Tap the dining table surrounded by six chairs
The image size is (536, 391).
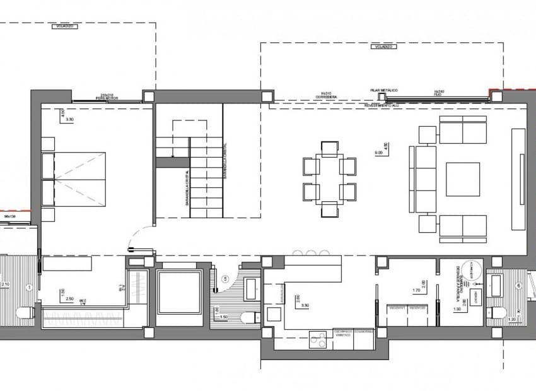(330, 179)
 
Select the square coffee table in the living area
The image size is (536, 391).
(463, 179)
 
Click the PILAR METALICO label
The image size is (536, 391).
(383, 91)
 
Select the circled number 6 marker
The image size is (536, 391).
(519, 286)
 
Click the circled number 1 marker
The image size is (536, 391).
(29, 287)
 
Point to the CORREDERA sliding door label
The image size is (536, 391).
(326, 97)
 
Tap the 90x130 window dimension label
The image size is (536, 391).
(9, 217)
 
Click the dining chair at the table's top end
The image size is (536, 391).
(330, 149)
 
